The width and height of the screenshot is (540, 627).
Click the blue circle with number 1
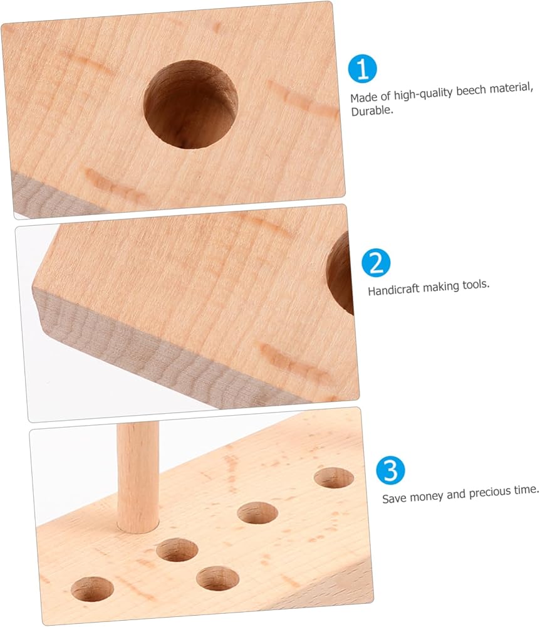362,69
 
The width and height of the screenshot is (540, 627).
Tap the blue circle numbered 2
376,263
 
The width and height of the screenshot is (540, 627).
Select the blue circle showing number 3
390,470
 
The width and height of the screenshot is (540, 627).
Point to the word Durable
372,110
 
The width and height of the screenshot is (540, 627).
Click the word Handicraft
393,289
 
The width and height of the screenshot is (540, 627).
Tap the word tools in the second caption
476,285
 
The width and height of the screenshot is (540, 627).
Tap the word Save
394,498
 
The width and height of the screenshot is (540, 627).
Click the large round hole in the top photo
190,104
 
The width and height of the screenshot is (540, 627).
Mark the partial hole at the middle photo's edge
340,273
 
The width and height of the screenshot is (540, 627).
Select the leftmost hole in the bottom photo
92,589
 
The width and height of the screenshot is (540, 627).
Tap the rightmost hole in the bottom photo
334,478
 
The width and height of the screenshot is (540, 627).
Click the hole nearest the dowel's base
177,550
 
